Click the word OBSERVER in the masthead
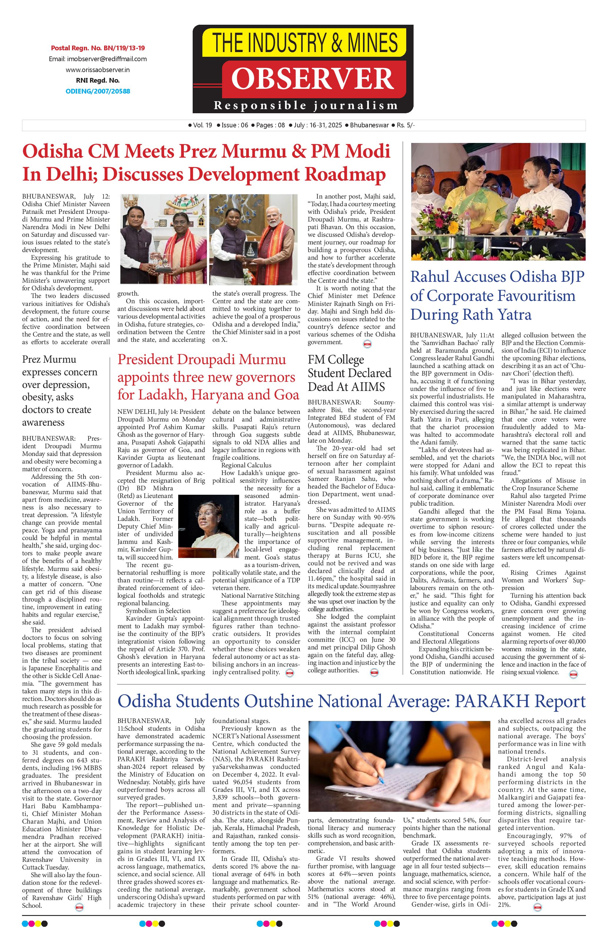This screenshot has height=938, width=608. pos(312,79)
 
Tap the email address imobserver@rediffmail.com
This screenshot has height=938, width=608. pos(98,59)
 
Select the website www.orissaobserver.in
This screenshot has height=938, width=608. pos(98,70)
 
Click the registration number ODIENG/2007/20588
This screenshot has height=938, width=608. pos(98,91)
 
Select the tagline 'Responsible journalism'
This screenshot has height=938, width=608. pos(305,106)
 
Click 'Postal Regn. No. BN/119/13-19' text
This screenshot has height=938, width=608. pos(98,48)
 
